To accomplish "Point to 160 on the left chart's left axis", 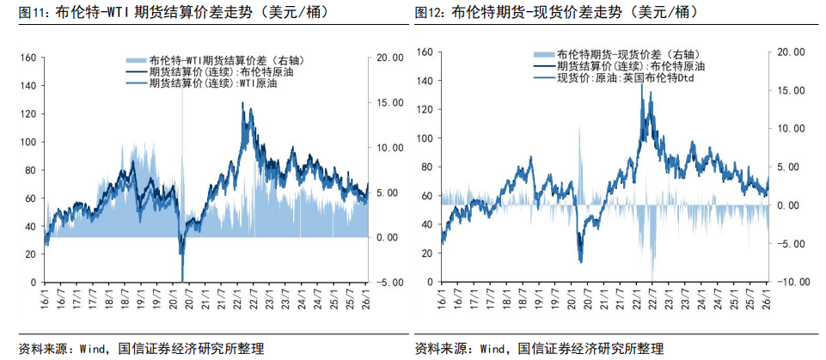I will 27,58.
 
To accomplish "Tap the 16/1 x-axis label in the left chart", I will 45,302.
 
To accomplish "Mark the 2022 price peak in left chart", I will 242,104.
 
